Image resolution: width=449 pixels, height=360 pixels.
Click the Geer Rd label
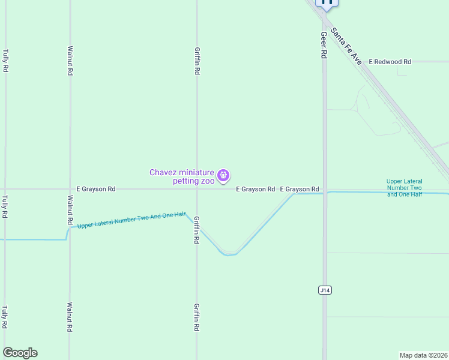(324, 45)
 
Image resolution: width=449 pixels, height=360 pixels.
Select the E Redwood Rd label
(390, 62)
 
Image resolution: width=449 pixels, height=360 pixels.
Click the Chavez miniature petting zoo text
(182, 176)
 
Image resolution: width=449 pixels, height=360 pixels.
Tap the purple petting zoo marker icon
(223, 175)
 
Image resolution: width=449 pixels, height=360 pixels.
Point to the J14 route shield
(324, 290)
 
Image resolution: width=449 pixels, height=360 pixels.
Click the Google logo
(20, 353)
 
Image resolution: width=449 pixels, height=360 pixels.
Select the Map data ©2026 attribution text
(423, 355)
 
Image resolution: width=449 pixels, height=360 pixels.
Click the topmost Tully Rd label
(5, 61)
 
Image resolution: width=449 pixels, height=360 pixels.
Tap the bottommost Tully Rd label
(5, 317)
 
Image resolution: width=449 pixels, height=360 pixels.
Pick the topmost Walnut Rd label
(70, 61)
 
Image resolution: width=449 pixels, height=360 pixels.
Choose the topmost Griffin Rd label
(197, 61)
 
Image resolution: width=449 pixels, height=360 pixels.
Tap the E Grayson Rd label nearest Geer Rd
(299, 189)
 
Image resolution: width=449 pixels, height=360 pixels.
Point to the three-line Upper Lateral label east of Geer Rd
(404, 188)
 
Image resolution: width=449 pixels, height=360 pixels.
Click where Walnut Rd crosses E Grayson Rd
(70, 189)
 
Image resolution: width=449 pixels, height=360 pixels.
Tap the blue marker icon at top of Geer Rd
(327, 2)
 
